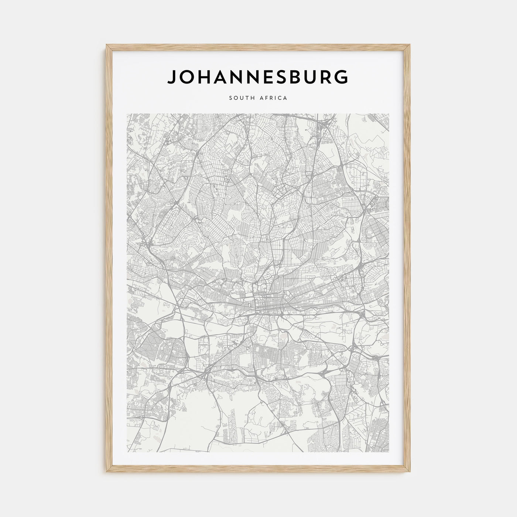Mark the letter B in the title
click(x=301, y=77)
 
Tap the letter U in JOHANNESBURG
click(x=316, y=77)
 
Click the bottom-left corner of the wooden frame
click(x=107, y=473)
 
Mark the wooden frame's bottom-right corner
click(x=410, y=473)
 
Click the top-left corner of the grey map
click(x=127, y=114)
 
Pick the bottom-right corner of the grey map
click(x=389, y=452)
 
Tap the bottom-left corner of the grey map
click(x=127, y=452)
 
